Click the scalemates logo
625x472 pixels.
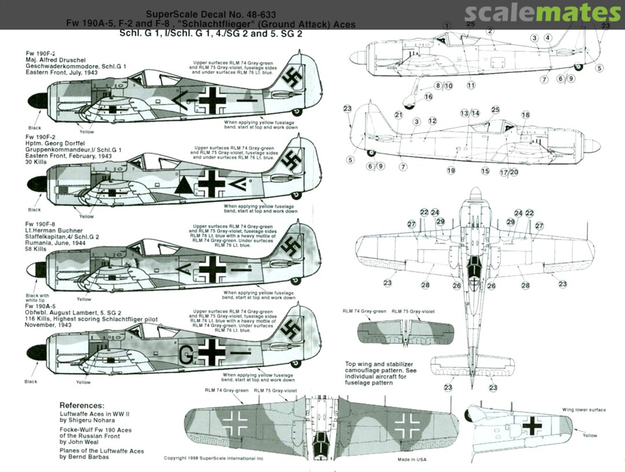(542, 13)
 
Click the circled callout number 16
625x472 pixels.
(428, 97)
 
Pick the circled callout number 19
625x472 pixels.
(451, 170)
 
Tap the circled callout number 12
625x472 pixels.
(432, 121)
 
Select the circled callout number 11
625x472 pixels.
(470, 85)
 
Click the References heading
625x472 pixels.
(86, 405)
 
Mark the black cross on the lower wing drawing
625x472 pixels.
(531, 426)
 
